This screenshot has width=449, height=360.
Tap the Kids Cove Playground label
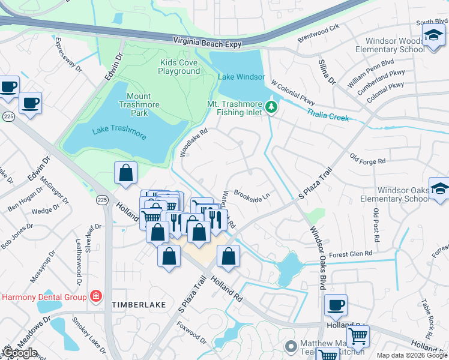(x=179, y=67)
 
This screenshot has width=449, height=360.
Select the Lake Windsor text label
(x=241, y=77)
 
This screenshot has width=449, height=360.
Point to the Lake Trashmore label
(x=119, y=133)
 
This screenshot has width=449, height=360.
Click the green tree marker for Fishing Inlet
(x=272, y=107)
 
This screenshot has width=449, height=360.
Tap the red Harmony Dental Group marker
(x=95, y=296)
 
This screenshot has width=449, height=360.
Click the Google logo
(x=20, y=353)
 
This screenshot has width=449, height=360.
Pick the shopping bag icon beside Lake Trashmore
(x=125, y=173)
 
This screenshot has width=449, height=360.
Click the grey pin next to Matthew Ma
(x=291, y=346)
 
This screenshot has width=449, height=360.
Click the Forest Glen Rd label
(x=351, y=253)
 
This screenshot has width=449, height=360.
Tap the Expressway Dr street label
(x=67, y=56)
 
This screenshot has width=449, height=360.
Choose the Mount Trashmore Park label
(x=143, y=104)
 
